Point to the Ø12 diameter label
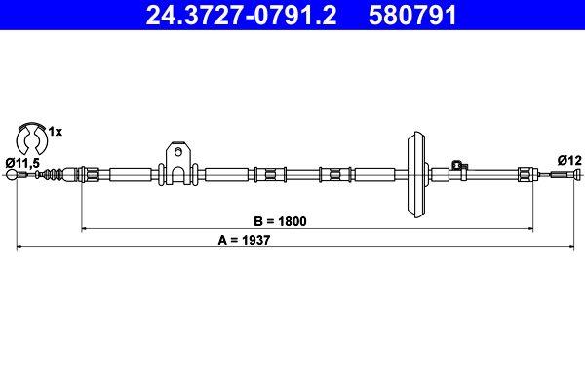click(567, 160)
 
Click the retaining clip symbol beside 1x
click(31, 134)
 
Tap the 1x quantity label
click(56, 131)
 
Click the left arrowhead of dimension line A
click(19, 249)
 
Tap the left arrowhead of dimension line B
click(84, 229)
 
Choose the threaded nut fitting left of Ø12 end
click(526, 175)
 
